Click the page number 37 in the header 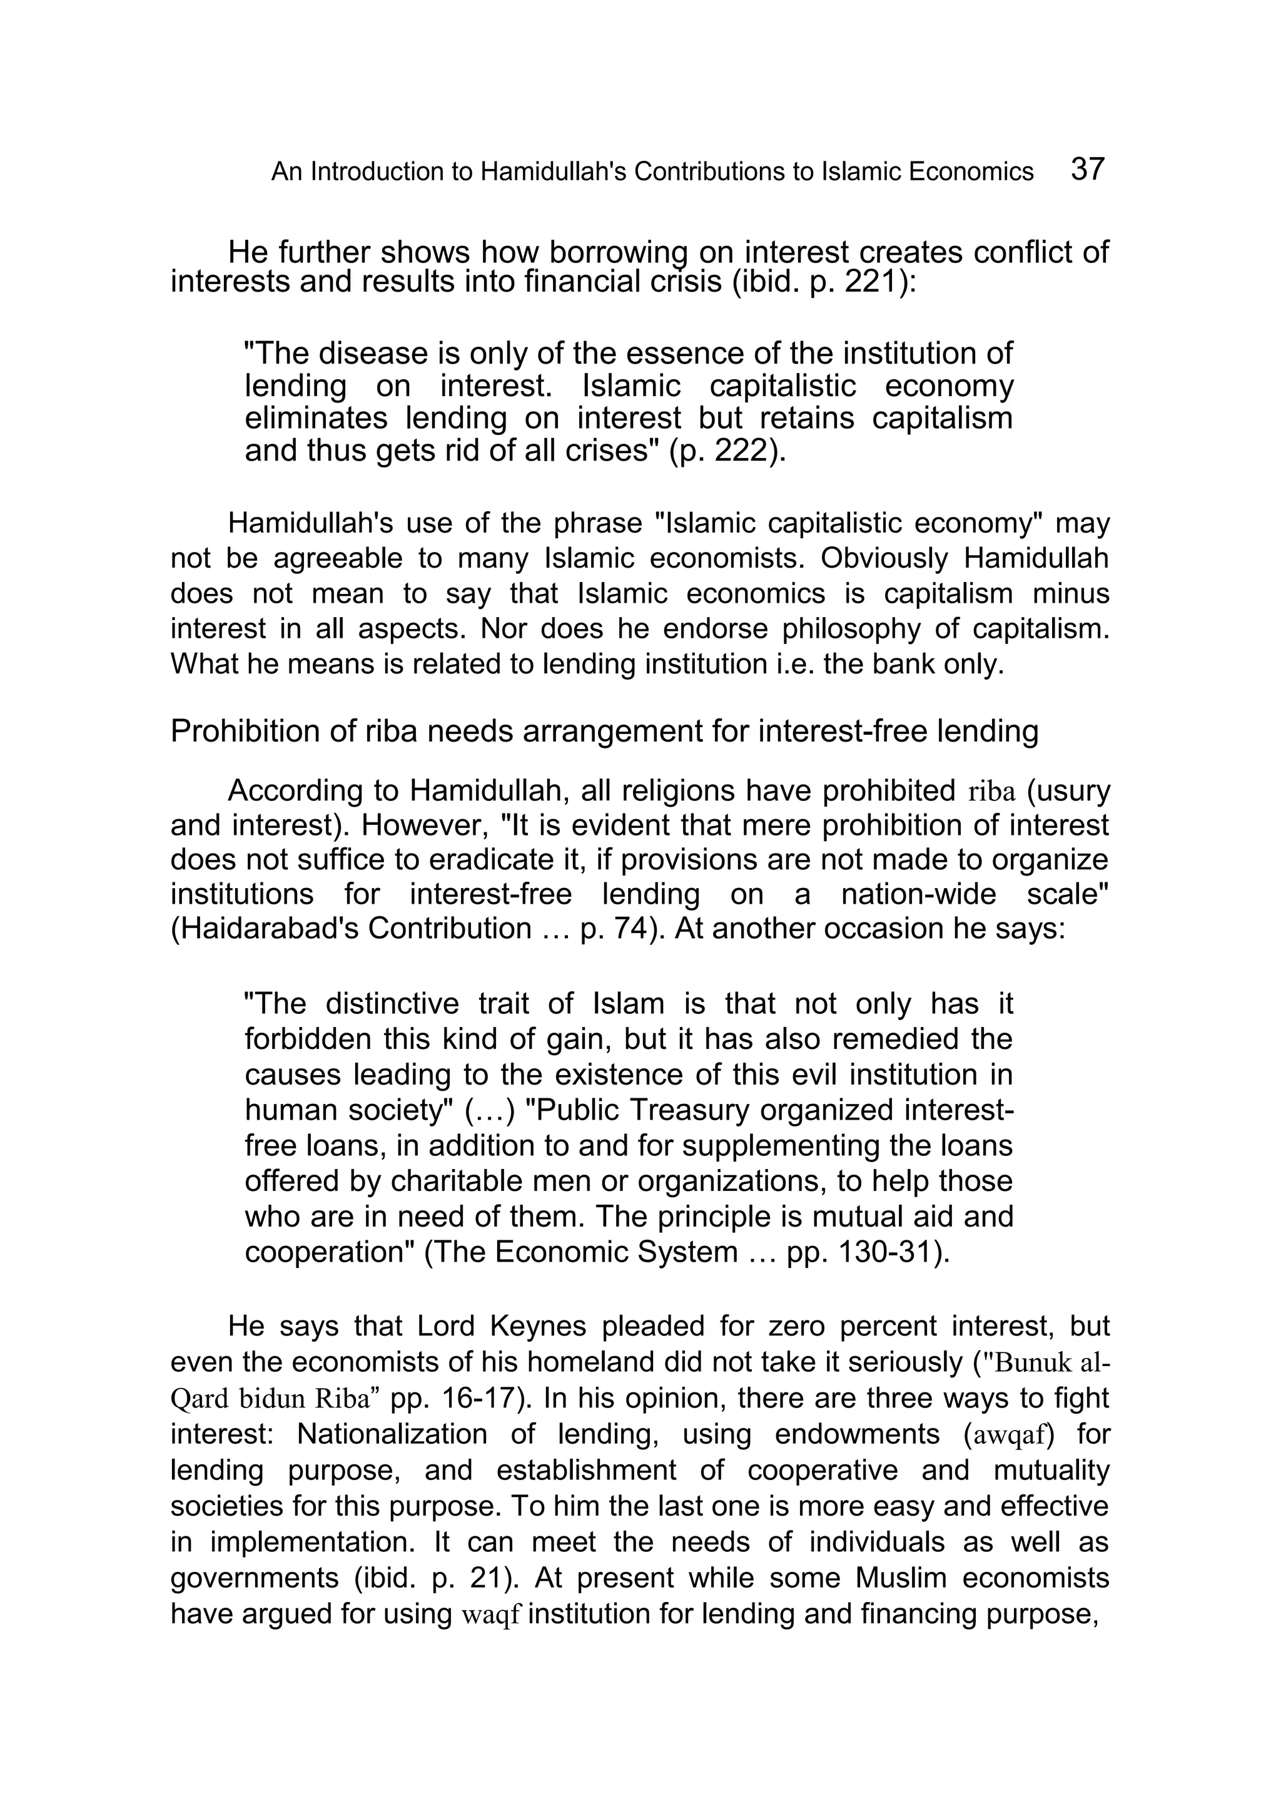1088,170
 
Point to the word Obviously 885,558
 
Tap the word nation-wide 915,894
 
